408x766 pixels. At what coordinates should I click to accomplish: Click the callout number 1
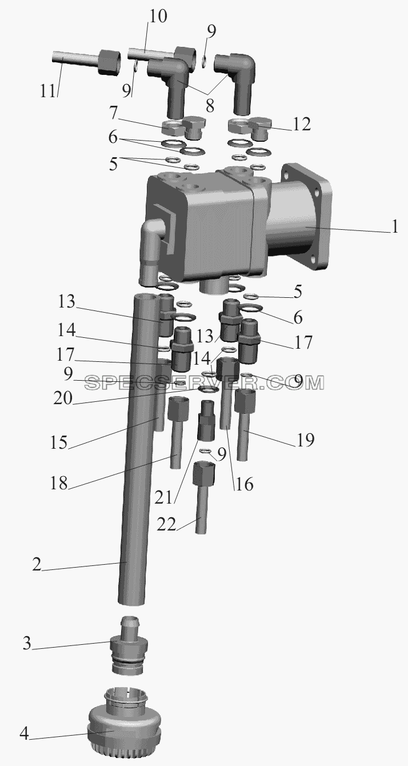coord(395,227)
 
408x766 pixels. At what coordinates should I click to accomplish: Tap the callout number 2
coord(37,565)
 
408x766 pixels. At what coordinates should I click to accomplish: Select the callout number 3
coord(27,643)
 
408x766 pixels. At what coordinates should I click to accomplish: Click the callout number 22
coord(166,524)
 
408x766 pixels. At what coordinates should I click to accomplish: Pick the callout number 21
coord(163,497)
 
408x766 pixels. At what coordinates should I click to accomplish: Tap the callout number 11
coord(47,91)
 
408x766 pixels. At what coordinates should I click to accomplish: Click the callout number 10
coord(158,17)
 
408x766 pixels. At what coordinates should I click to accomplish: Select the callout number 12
coord(301,124)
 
